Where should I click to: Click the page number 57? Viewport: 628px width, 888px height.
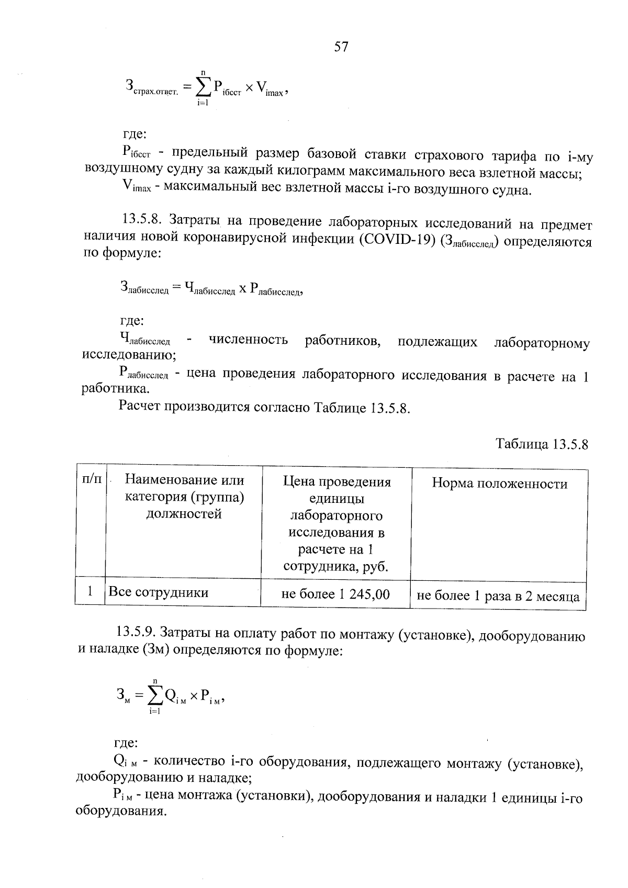click(x=341, y=47)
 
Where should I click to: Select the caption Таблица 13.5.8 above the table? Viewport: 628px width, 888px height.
click(x=542, y=444)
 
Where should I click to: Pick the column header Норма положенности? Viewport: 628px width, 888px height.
click(x=499, y=484)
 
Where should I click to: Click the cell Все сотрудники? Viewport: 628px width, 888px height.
click(x=158, y=592)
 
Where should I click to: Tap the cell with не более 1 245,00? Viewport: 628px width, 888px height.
click(x=335, y=594)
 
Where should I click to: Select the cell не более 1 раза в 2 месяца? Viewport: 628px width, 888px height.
click(x=498, y=596)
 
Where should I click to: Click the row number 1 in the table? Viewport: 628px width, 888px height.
click(x=90, y=592)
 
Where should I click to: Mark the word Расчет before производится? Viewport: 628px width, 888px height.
click(x=140, y=407)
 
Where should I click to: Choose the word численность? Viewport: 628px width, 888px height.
click(x=248, y=340)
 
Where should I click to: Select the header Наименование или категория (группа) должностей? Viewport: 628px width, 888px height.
click(x=184, y=497)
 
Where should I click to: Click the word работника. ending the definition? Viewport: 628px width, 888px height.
click(x=116, y=389)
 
